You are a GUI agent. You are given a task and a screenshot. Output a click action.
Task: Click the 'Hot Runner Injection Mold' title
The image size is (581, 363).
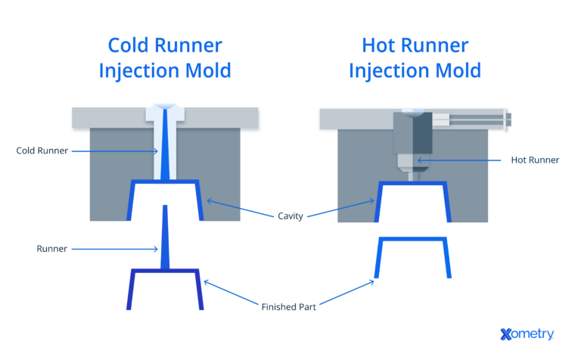tap(414, 58)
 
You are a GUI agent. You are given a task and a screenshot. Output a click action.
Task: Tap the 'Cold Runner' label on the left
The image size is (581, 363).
tap(42, 150)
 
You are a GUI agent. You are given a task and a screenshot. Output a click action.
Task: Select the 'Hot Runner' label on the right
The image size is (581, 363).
tap(534, 160)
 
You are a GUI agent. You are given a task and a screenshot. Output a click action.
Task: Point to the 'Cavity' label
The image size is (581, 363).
tap(290, 216)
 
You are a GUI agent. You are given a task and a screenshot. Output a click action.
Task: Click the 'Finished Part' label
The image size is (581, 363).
tap(289, 307)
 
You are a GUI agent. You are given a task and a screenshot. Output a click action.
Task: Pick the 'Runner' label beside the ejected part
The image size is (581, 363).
tap(51, 248)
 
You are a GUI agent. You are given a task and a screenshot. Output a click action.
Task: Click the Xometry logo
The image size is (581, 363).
tap(527, 334)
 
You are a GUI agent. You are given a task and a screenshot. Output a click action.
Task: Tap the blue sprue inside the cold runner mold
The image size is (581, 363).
tap(165, 151)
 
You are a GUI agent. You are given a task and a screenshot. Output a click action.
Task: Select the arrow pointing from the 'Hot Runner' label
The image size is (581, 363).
tap(461, 160)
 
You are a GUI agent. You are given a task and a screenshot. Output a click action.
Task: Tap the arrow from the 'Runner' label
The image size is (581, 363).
tap(113, 248)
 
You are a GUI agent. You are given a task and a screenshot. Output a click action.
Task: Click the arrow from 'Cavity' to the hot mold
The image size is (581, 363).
tap(340, 208)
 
